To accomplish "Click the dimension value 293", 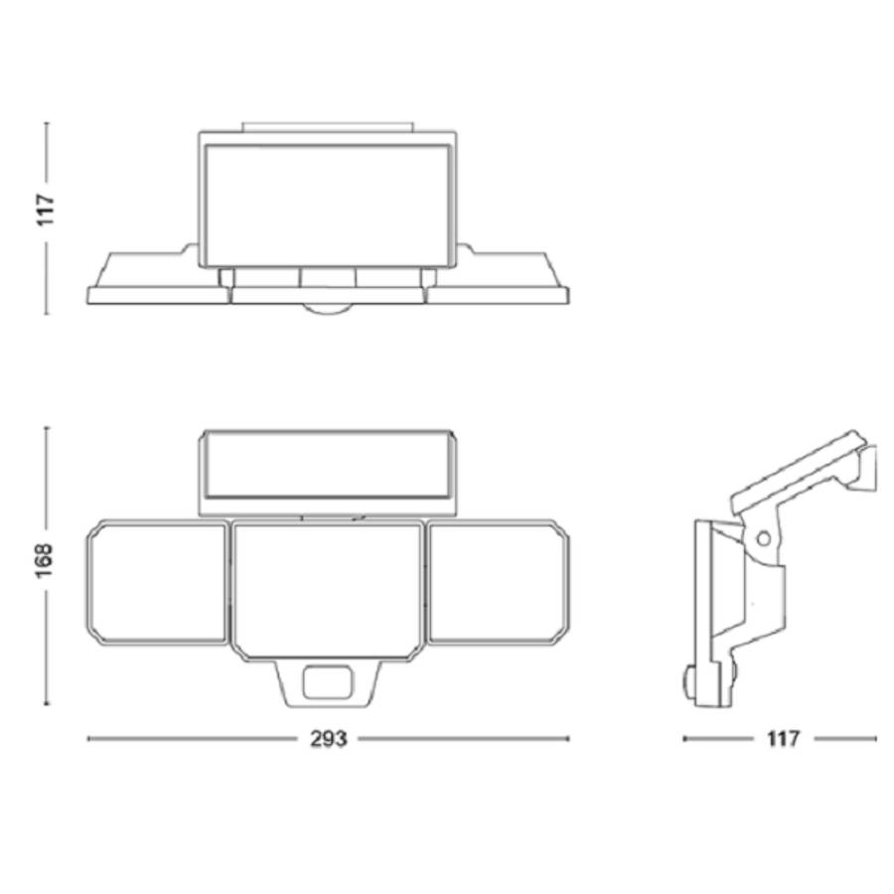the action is pos(329,739).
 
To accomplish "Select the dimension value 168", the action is pos(44,561).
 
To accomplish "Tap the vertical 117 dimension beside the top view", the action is pos(45,210).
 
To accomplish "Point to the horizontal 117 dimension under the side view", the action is pos(783,739).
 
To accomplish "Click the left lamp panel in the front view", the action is pos(157,583).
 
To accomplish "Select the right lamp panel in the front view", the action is pos(498,583).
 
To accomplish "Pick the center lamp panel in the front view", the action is pos(328,592).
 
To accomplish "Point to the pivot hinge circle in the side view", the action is pos(763,537).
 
